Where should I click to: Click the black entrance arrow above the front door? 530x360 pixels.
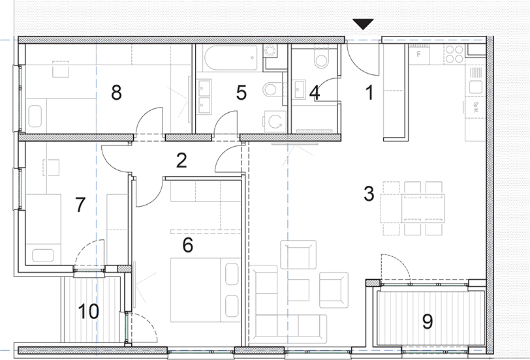[363, 25]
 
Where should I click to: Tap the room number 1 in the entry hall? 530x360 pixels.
[369, 93]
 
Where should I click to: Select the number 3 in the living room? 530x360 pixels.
[368, 194]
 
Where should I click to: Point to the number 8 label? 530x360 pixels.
[116, 93]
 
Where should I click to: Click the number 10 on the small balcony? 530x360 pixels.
[89, 312]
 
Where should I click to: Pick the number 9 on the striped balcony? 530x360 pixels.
[428, 321]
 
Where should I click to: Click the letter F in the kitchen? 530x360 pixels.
[418, 55]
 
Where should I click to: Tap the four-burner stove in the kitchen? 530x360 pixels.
[454, 53]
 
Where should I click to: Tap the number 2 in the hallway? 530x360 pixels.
[182, 158]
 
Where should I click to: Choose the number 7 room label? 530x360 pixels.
[80, 205]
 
